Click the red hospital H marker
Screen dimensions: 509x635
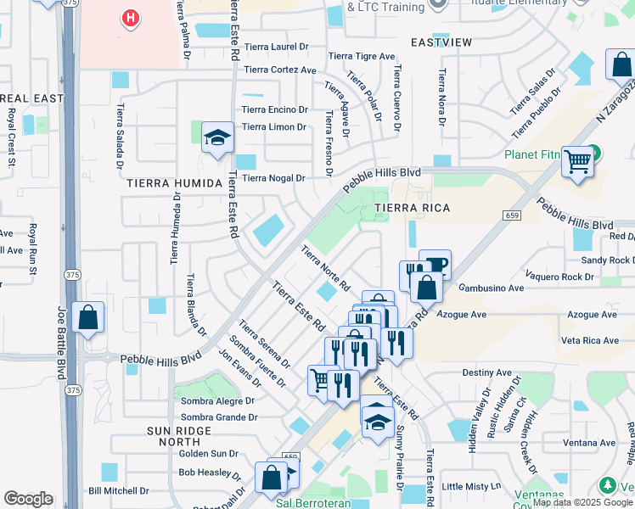point(129,17)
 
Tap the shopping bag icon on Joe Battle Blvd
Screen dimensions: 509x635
point(88,318)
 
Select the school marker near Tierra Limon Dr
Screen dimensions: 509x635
point(217,137)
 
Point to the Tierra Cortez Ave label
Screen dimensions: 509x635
point(279,70)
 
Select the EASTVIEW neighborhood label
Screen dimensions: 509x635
point(441,42)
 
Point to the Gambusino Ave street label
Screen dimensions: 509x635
point(489,288)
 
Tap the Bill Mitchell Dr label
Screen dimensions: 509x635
point(118,490)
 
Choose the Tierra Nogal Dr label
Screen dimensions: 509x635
point(273,178)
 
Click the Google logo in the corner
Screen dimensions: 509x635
point(29,498)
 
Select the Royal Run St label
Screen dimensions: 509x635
point(33,249)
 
